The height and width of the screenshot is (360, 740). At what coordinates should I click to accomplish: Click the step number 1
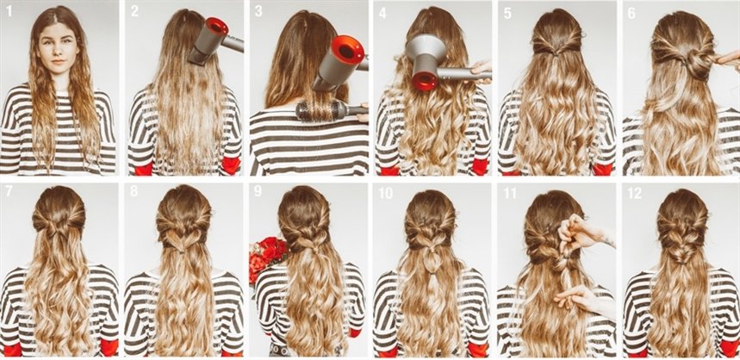[9, 10]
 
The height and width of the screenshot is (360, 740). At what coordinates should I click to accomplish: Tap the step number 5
[507, 13]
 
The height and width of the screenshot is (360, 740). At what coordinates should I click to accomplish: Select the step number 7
[9, 191]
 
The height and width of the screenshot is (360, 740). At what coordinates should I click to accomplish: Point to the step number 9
[258, 191]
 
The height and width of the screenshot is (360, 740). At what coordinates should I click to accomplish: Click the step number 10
[386, 193]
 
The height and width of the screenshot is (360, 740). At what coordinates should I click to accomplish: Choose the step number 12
[635, 193]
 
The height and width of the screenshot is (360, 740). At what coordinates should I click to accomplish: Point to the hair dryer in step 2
[215, 41]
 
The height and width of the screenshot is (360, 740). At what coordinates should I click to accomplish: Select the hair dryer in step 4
[441, 61]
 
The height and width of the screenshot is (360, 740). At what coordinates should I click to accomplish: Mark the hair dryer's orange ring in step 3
[348, 50]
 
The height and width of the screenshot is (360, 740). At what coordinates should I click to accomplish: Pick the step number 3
[258, 10]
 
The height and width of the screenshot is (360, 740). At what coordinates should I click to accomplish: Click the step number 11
[510, 193]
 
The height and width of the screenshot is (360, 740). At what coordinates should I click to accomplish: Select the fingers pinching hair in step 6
[727, 59]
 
